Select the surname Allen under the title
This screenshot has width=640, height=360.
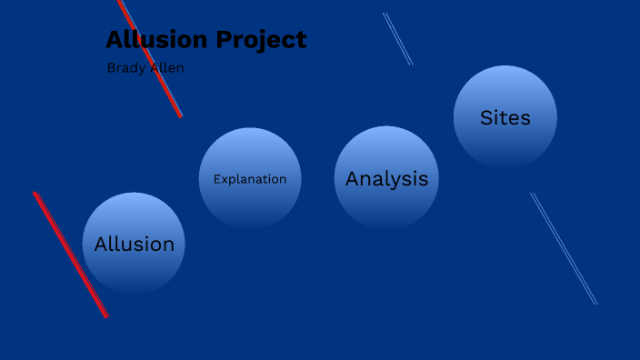click(x=167, y=68)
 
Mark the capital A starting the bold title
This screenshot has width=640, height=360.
click(x=115, y=40)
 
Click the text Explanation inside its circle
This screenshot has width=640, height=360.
click(x=250, y=179)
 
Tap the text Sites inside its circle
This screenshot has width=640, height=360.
click(x=505, y=117)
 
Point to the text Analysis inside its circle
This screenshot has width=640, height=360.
click(x=386, y=179)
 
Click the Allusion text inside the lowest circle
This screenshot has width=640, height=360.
click(x=134, y=244)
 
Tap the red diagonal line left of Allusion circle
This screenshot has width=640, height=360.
click(x=71, y=255)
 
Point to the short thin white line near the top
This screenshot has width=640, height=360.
click(x=397, y=39)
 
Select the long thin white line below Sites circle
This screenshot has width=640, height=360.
click(x=564, y=248)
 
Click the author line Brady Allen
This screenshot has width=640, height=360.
click(x=145, y=68)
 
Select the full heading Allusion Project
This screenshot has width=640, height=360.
click(x=206, y=40)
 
